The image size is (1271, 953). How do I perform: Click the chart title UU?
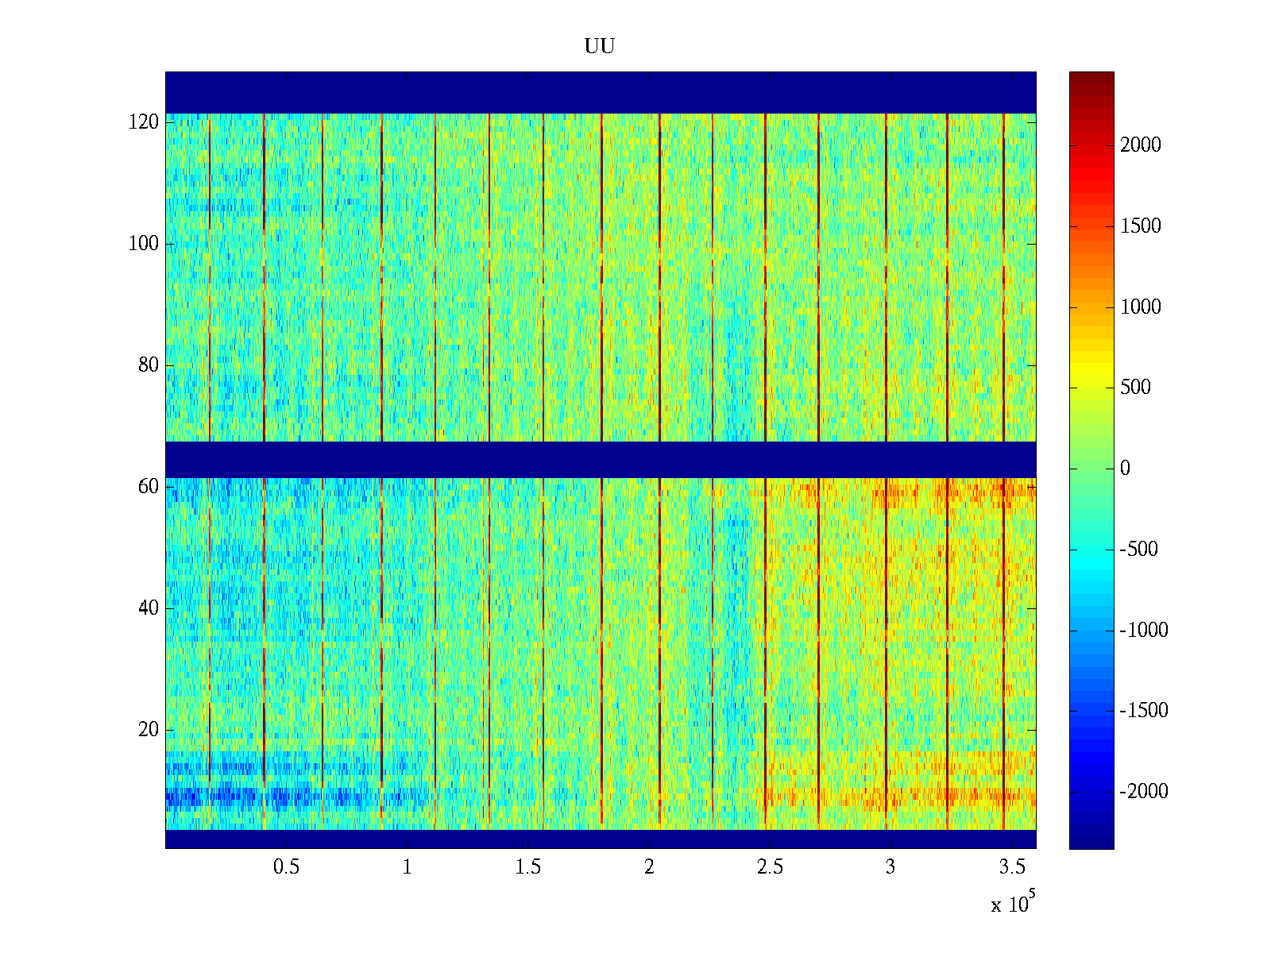600,47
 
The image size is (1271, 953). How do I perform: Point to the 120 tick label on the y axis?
144,122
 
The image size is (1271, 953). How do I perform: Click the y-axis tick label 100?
144,244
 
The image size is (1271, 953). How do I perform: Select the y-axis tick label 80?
149,365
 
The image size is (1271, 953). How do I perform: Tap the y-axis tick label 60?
149,487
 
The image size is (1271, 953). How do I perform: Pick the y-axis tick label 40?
149,608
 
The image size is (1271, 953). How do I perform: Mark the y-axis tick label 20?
149,730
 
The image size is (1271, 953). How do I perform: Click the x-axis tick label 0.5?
286,867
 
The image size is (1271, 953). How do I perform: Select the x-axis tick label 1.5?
527,867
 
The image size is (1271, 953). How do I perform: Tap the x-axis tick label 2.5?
770,867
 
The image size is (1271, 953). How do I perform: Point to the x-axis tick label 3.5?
1011,867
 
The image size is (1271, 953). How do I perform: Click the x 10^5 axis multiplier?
1013,904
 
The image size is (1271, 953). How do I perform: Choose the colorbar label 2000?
1141,145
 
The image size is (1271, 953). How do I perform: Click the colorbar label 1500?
1141,226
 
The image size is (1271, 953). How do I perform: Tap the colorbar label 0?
1125,469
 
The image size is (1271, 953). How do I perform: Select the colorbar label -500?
1138,550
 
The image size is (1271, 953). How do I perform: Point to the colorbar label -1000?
1144,631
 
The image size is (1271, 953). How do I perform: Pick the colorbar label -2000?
1144,792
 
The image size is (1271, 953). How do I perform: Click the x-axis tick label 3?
890,867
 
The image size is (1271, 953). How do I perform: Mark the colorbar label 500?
1135,388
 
